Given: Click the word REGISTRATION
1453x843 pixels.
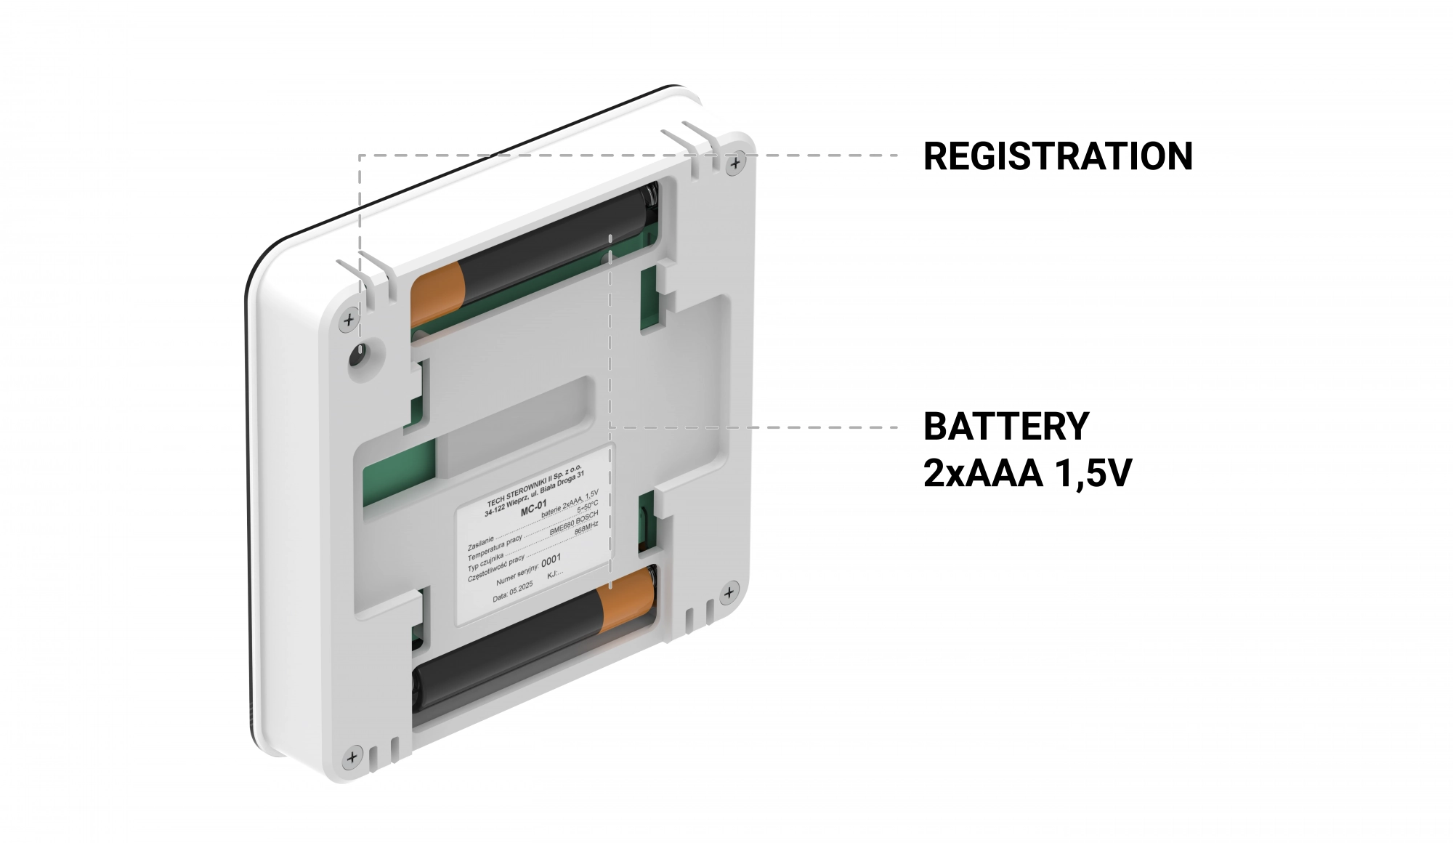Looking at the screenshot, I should pos(1057,156).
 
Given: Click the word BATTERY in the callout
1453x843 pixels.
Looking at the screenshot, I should pos(1006,427).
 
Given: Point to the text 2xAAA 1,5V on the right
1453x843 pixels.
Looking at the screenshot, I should pos(1027,474).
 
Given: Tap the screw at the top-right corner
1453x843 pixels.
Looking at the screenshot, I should pos(736,163).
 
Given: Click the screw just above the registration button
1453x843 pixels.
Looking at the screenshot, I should pos(349,319).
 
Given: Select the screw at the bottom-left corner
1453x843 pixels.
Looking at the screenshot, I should pos(352,757).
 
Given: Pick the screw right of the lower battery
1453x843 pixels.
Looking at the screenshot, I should pos(728,594).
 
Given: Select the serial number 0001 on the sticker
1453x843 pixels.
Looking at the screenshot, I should pos(551,560).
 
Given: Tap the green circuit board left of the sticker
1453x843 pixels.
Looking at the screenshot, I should pos(399,472).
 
